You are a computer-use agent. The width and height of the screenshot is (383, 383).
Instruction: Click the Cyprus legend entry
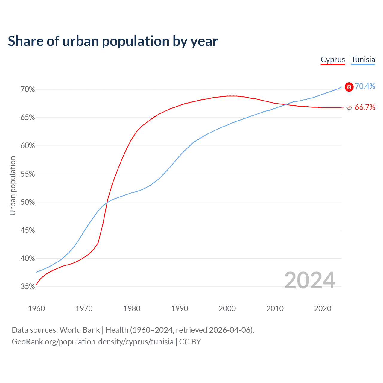point(333,60)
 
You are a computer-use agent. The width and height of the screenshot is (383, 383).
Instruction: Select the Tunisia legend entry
point(363,60)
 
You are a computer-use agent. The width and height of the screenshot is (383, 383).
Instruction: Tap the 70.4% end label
point(365,86)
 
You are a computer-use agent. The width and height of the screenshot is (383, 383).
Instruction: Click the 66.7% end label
point(365,107)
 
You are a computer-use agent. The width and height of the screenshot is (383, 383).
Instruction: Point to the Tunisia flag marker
point(349,87)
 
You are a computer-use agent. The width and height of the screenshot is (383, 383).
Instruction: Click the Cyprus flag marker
point(349,107)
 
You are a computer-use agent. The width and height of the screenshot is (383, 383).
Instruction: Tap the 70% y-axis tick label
point(28,89)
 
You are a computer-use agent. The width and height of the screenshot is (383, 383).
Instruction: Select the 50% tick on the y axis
point(28,202)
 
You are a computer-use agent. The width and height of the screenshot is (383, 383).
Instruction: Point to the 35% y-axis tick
point(28,287)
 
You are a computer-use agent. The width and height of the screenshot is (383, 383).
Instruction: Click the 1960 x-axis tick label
point(36,308)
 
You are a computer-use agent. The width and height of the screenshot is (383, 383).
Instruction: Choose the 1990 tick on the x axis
point(180,308)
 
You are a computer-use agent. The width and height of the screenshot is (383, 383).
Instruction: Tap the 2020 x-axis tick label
point(323,308)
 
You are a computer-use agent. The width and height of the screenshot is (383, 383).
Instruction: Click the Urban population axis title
point(13,186)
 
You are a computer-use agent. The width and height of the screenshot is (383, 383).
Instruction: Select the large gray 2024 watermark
point(310,280)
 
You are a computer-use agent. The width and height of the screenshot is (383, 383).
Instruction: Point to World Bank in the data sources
point(80,330)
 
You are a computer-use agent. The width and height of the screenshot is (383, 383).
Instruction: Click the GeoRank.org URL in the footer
point(92,342)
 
